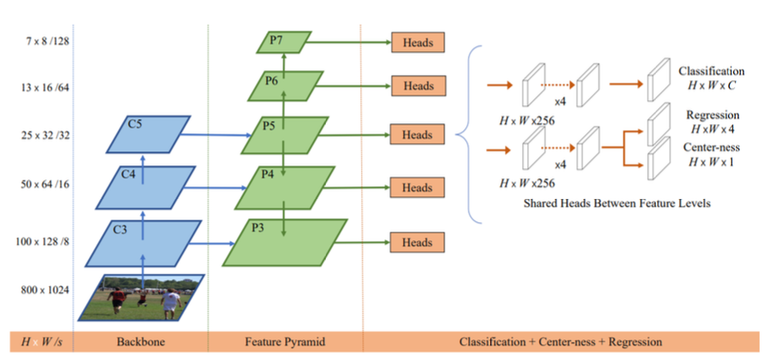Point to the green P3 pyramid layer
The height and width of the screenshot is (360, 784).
point(285,242)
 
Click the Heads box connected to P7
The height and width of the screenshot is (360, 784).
point(418,41)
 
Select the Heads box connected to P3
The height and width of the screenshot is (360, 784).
point(418,243)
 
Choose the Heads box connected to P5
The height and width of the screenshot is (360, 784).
point(418,135)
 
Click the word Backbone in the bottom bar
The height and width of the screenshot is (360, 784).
point(141,342)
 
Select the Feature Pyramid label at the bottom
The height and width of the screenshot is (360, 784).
point(284,342)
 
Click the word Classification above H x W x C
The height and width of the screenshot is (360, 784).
point(711,70)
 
